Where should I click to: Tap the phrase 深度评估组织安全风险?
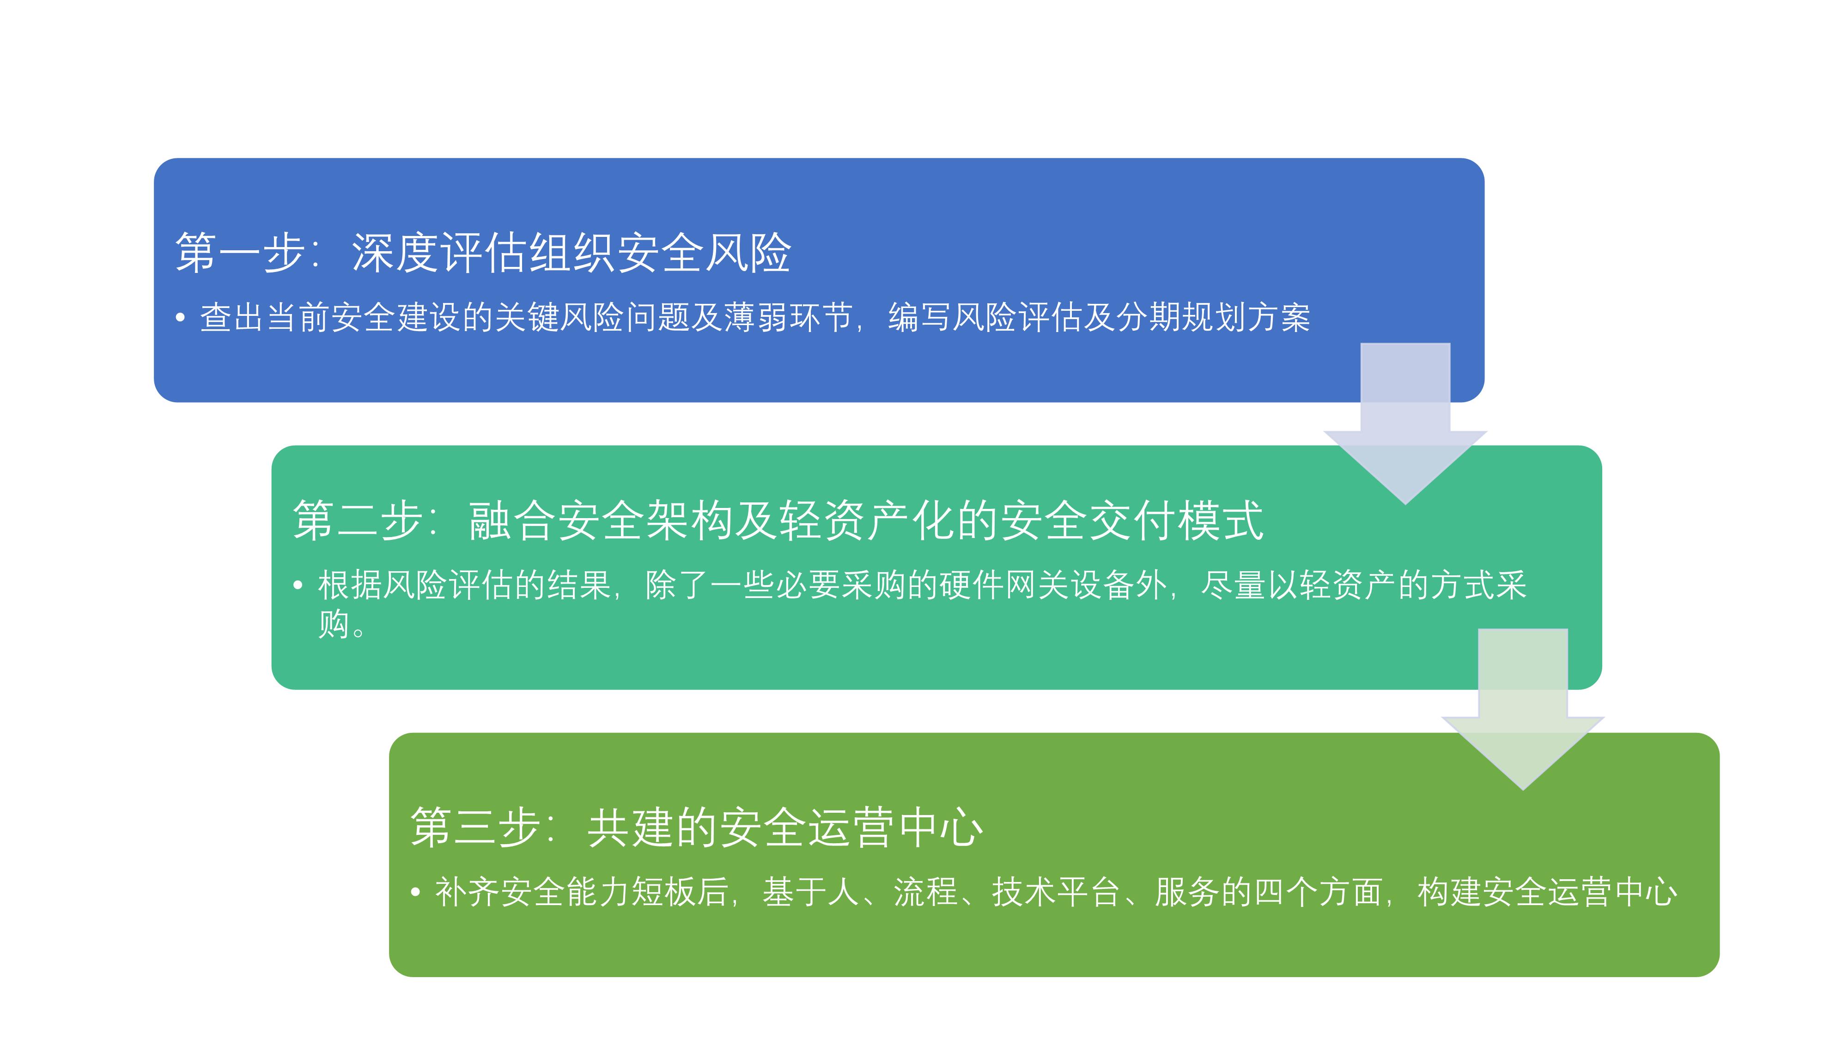click(x=571, y=253)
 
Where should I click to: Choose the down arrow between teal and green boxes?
click(x=1523, y=710)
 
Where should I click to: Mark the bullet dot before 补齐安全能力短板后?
click(x=415, y=893)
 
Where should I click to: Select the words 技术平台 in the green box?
click(x=1056, y=892)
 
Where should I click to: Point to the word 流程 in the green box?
click(x=925, y=892)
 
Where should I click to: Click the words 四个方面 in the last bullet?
click(x=1319, y=892)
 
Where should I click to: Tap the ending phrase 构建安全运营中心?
click(x=1547, y=892)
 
